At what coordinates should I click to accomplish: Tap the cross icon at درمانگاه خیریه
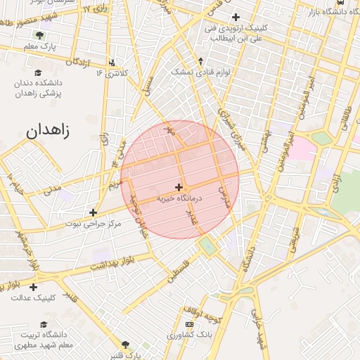pyautogui.click(x=179, y=187)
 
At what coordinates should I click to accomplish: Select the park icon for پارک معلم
pyautogui.click(x=40, y=35)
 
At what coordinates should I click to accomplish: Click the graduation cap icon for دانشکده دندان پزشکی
pyautogui.click(x=38, y=72)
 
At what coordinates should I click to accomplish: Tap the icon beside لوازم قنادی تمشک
pyautogui.click(x=202, y=61)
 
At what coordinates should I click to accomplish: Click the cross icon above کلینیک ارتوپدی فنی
pyautogui.click(x=236, y=17)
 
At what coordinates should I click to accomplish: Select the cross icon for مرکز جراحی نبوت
pyautogui.click(x=93, y=212)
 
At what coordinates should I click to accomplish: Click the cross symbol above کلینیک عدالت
pyautogui.click(x=33, y=286)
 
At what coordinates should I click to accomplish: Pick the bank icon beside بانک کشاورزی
pyautogui.click(x=188, y=323)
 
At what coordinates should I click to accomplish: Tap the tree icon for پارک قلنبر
pyautogui.click(x=126, y=345)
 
